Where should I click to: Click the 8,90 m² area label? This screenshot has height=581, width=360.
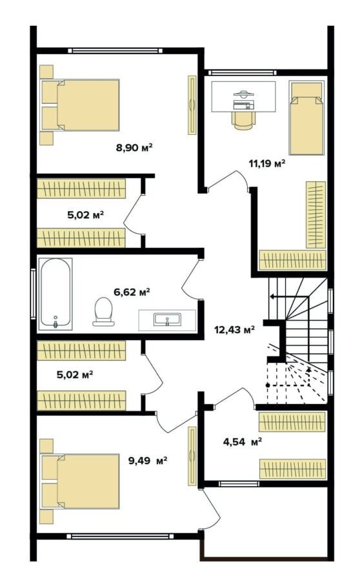coord(134,147)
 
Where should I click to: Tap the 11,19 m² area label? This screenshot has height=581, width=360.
coord(266,163)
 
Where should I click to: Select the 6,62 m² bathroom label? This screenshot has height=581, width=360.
coord(132,292)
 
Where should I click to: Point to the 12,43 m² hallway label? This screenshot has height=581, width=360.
coord(235,329)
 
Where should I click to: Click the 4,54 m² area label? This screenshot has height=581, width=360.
coord(243,442)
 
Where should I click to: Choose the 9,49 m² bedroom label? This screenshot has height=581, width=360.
coord(148,460)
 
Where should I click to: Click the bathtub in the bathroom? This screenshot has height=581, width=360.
coord(55,294)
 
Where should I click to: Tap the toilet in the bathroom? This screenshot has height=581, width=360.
coord(103,312)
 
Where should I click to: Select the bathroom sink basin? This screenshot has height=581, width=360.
coord(167,320)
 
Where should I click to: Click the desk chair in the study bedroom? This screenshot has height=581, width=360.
coord(243,119)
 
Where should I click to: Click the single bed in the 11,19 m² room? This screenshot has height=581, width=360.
coord(306,119)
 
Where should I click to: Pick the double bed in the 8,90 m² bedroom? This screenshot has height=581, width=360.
coord(80,105)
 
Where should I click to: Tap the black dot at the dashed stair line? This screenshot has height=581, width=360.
coord(268,385)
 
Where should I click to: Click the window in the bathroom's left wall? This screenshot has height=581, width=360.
coord(33,294)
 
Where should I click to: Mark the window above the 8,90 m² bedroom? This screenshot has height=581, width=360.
coord(115,51)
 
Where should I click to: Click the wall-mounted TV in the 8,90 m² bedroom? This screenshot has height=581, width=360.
coord(192,105)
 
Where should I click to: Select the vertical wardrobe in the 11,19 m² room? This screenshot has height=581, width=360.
coord(316,215)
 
